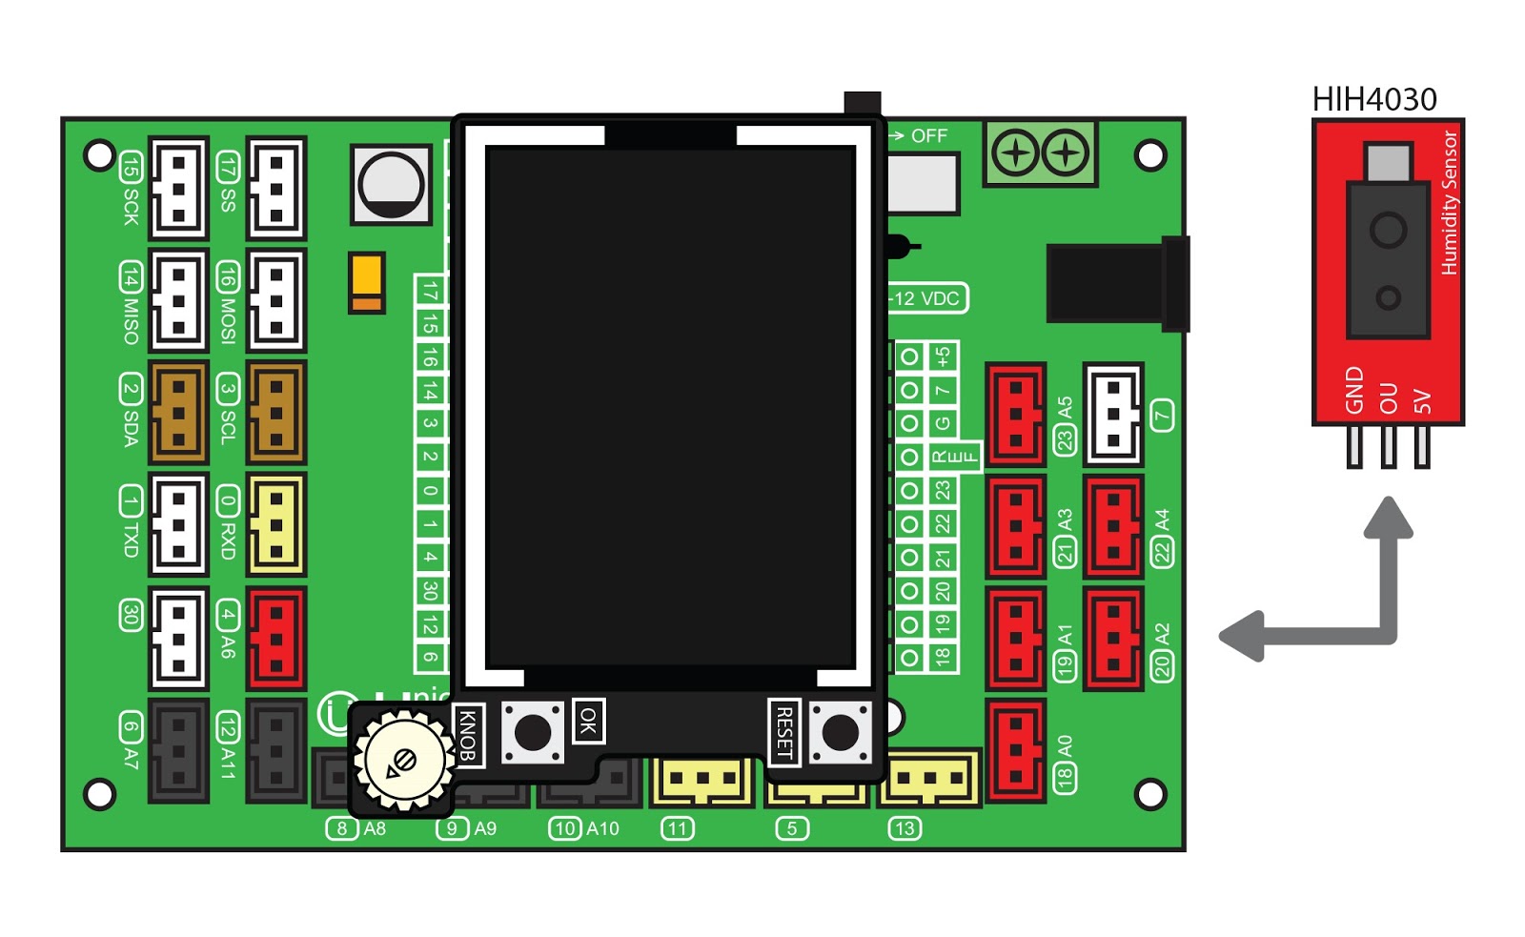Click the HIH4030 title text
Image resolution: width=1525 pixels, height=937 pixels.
[x=1373, y=99]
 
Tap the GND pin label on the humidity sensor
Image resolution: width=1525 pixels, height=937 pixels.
[x=1354, y=390]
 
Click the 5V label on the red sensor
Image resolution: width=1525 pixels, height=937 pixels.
[x=1422, y=401]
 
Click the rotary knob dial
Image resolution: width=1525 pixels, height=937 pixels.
[x=404, y=761]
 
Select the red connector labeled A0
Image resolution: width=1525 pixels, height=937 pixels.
[x=1016, y=750]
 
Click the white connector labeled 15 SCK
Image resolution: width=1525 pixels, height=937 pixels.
[x=178, y=188]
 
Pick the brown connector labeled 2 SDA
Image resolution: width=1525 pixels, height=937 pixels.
[x=178, y=413]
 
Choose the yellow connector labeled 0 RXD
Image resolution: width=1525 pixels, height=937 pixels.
[x=275, y=524]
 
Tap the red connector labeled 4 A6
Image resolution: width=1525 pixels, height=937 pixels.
[x=275, y=639]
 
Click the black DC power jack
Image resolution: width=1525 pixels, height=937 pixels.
[x=1115, y=283]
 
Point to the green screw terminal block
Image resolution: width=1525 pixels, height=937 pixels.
[x=1040, y=153]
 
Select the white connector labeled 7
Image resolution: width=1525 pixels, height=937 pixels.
[x=1113, y=414]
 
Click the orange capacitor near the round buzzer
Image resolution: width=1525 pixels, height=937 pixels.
[x=367, y=282]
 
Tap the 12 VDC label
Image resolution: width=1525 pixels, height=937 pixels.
[x=926, y=298]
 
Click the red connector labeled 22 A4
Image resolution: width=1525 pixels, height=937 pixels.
[x=1113, y=526]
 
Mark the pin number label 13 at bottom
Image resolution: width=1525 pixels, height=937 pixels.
[x=905, y=828]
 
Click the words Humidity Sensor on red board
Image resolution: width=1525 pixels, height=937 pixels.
[x=1449, y=203]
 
